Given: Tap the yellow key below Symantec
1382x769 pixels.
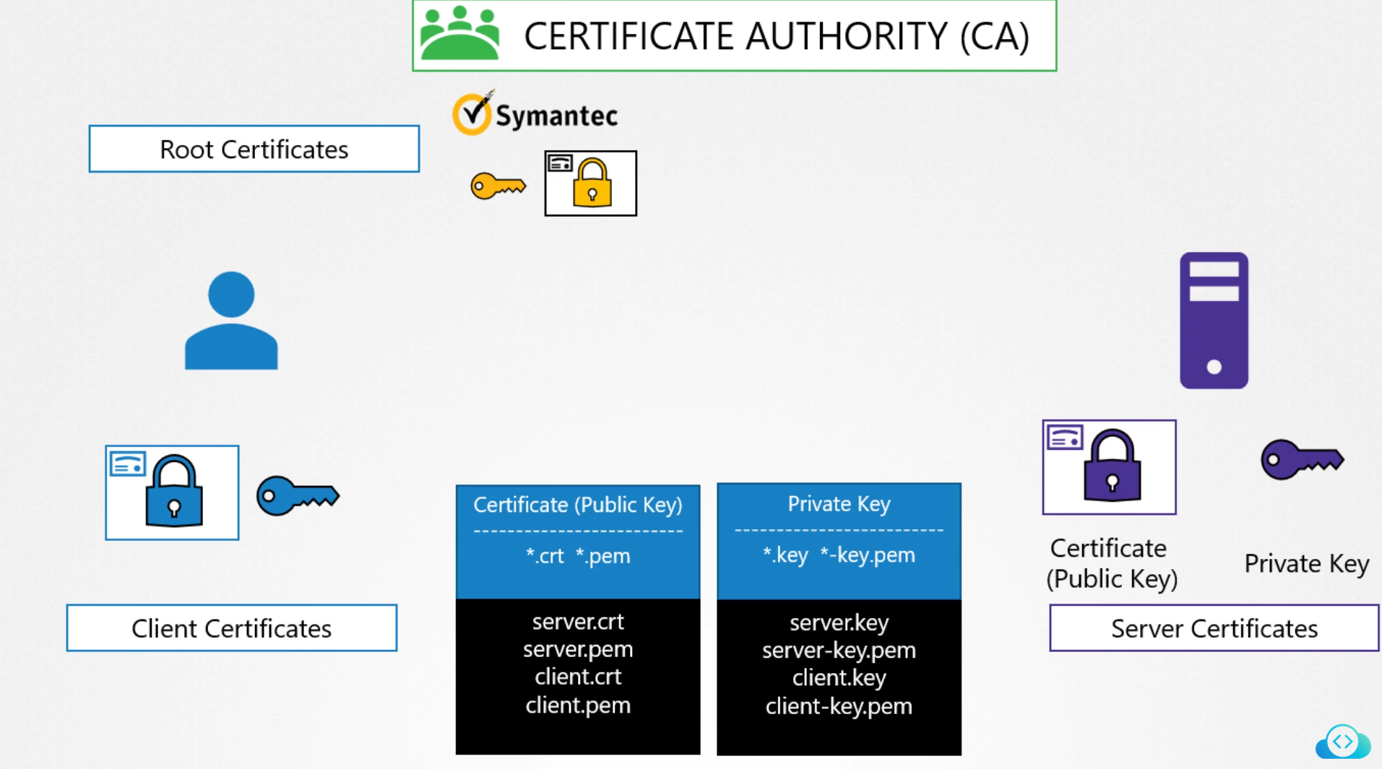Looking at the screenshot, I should point(498,186).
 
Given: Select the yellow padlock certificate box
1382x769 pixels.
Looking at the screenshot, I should point(590,183).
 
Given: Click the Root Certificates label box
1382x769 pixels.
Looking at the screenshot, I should point(254,149).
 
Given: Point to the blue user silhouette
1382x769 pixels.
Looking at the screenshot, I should point(231,321).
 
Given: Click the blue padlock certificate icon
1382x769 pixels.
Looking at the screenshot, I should point(172,492).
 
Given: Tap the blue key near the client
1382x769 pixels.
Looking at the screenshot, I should point(298,495).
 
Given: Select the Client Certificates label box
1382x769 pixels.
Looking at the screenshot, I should point(231,628).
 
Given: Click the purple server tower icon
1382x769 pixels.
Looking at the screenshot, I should point(1214,321).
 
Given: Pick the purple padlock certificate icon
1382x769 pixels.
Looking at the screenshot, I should point(1109,467).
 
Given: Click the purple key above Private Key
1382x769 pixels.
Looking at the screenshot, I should point(1302,459).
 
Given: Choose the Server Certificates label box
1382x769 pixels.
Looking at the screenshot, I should point(1214,628).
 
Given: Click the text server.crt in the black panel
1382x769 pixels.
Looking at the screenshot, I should point(578,622).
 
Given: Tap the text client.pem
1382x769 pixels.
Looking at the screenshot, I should point(578,705).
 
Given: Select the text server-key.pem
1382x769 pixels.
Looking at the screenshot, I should point(839,651).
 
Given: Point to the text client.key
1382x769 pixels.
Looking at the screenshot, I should point(839,678).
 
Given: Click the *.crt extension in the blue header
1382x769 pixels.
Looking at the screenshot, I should point(545,556).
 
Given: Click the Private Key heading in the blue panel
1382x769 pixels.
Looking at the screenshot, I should point(839,504).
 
